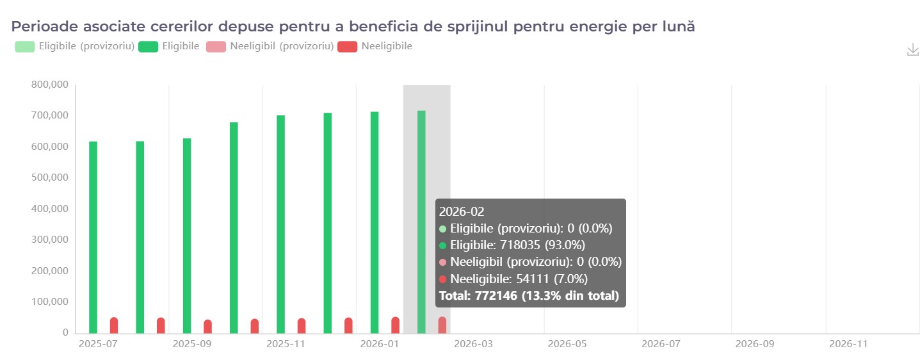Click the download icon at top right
913,50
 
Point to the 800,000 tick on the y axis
50,85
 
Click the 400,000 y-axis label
50,209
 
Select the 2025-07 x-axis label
93,344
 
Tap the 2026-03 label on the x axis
474,344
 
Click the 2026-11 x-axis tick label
849,344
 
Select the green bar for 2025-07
93,237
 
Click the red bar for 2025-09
208,327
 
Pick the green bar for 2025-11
280,224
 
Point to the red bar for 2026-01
395,325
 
